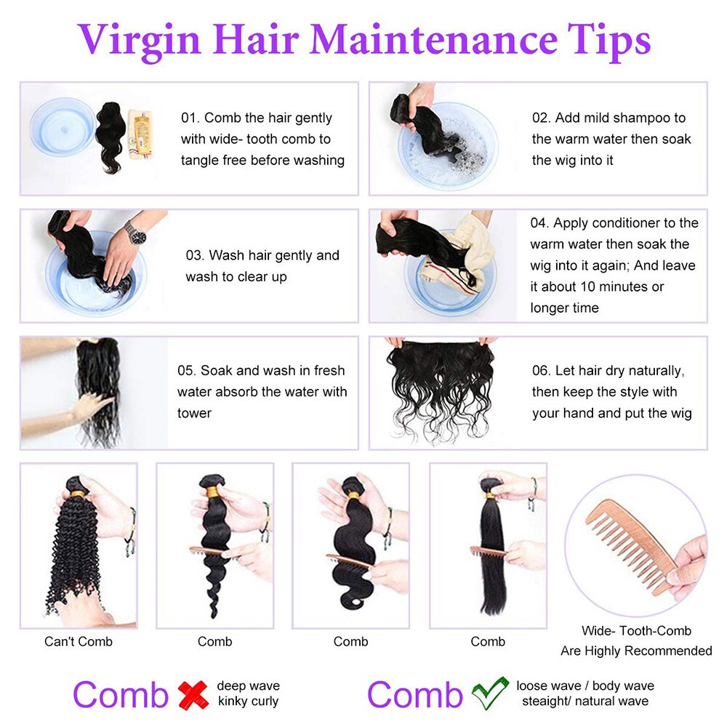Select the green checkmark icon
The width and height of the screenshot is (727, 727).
489,694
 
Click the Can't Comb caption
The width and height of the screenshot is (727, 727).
79,641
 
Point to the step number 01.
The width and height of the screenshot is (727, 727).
189,118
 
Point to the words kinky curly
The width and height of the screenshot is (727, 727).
248,702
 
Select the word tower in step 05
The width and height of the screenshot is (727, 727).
194,413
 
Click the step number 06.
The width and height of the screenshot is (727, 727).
542,371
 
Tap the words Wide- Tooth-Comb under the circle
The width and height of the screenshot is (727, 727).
636,631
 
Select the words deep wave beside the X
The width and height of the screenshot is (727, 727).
248,686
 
